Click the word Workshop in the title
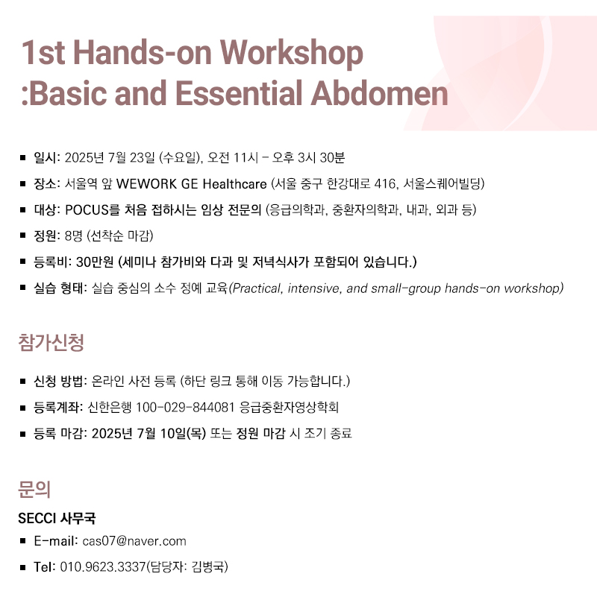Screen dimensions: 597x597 coord(292,54)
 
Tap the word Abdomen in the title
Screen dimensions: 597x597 coord(380,93)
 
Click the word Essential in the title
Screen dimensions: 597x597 coord(239,93)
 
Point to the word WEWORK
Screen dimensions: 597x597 coord(146,184)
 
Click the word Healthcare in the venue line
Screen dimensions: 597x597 coord(234,184)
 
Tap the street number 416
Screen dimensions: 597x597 coord(384,184)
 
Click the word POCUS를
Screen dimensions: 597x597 coord(93,209)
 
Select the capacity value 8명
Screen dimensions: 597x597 coord(73,236)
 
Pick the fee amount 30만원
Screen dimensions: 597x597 coord(95,262)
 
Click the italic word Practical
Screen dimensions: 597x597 coord(256,288)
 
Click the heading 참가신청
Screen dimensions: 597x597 coord(51,342)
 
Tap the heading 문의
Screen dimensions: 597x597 coord(34,489)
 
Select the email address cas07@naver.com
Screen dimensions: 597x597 coord(134,541)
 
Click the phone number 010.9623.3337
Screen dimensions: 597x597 coord(103,567)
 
